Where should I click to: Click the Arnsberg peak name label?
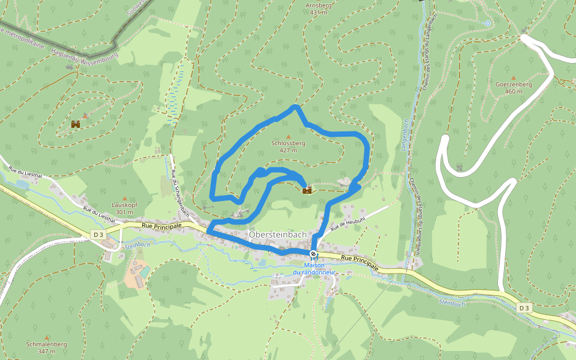(x=319, y=5)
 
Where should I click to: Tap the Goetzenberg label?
(x=514, y=84)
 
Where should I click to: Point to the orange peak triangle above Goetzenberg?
(x=513, y=77)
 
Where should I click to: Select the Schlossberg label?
(x=288, y=143)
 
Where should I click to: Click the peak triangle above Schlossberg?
(x=288, y=136)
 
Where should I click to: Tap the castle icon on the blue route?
(x=307, y=190)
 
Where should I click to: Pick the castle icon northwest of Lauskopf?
(x=76, y=124)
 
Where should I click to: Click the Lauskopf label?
(x=124, y=205)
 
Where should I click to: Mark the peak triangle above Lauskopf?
(x=124, y=198)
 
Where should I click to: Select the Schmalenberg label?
(x=47, y=344)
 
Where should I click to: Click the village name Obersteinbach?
(x=277, y=234)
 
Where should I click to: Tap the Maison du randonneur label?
(x=313, y=269)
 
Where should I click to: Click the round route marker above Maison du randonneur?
(x=313, y=253)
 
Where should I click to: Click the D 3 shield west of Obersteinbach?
(x=99, y=233)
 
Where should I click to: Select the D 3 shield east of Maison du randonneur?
(x=524, y=308)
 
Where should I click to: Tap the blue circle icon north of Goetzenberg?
(x=487, y=23)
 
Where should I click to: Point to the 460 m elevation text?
(x=514, y=92)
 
